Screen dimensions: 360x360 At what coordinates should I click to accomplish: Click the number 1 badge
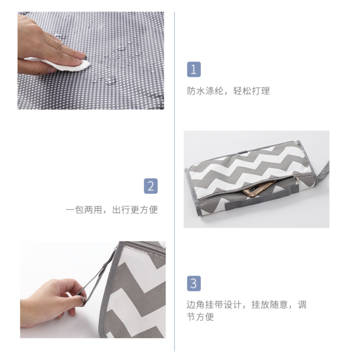pyautogui.click(x=194, y=70)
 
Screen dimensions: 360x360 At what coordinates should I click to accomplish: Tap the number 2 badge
pyautogui.click(x=151, y=186)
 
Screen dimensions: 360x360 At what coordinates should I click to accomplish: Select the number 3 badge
pyautogui.click(x=194, y=283)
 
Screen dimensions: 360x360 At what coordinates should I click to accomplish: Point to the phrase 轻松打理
pyautogui.click(x=252, y=91)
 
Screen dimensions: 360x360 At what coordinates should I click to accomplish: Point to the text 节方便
pyautogui.click(x=200, y=317)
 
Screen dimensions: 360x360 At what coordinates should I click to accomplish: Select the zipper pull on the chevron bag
pyautogui.click(x=297, y=180)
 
